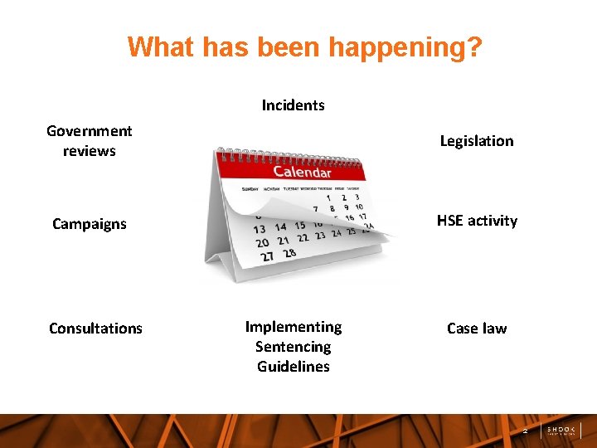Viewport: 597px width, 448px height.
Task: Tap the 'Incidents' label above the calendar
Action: click(293, 105)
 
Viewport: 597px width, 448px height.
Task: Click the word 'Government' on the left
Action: click(90, 131)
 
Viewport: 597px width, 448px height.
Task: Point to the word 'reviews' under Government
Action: click(90, 151)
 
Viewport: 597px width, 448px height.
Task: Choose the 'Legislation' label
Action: click(476, 141)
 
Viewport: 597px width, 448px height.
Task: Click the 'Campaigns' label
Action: click(90, 224)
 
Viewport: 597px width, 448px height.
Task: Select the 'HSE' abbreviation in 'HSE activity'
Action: click(451, 221)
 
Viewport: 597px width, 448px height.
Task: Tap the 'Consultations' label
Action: click(95, 329)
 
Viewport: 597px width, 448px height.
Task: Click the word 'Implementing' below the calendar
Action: click(293, 327)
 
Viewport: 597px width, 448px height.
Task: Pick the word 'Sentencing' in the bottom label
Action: click(293, 347)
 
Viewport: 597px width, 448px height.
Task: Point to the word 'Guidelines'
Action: click(293, 367)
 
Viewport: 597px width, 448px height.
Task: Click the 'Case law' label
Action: click(476, 329)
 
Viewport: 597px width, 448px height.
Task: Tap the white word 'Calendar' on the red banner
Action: click(303, 173)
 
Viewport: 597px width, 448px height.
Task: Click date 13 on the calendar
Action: click(260, 229)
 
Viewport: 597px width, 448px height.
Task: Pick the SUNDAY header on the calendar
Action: click(250, 189)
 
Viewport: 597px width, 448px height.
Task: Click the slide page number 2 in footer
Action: click(524, 431)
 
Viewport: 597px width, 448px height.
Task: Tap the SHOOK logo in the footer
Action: click(561, 430)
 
